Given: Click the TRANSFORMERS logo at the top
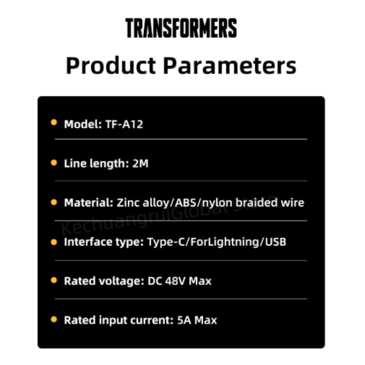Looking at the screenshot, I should tap(181, 28).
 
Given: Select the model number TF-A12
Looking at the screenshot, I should tap(124, 124).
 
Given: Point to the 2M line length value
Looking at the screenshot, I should tap(140, 164).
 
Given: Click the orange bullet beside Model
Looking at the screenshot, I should tap(54, 122).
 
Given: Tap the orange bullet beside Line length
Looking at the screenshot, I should tap(54, 163).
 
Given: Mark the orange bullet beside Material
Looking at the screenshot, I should tap(54, 202).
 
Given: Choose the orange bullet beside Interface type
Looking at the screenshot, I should tap(54, 242).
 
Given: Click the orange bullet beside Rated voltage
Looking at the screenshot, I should tap(54, 280).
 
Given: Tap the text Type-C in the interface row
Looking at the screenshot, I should tap(165, 242).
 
